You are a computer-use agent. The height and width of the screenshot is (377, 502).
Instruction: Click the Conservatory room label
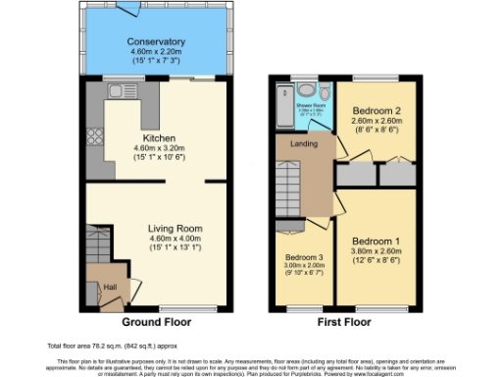click(156, 42)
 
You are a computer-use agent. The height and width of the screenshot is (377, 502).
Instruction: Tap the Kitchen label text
click(158, 138)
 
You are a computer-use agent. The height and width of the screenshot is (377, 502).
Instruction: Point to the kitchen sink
click(123, 92)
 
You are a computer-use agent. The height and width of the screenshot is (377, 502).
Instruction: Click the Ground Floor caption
click(157, 322)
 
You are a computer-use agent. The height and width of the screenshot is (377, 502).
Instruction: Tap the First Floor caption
click(344, 322)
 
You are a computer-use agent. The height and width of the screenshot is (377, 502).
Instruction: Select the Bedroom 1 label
click(376, 241)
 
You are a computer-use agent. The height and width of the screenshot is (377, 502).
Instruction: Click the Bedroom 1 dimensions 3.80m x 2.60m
click(376, 251)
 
